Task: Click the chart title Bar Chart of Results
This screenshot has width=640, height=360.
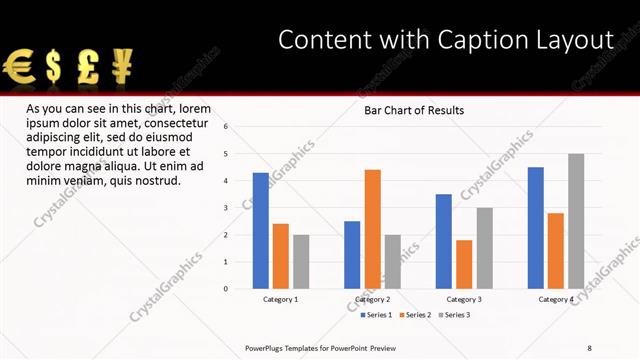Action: [x=413, y=110]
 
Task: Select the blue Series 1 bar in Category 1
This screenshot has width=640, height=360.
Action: [x=261, y=231]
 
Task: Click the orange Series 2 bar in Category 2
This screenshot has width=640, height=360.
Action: [x=373, y=229]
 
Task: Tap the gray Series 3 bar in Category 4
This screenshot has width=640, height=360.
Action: [x=576, y=221]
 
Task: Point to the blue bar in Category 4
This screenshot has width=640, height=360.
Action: [x=536, y=228]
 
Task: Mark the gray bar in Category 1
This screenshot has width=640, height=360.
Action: [x=301, y=262]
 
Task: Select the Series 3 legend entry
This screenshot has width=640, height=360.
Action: [x=453, y=315]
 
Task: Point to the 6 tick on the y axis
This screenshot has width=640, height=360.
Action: [x=227, y=127]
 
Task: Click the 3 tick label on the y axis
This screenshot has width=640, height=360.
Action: [x=227, y=208]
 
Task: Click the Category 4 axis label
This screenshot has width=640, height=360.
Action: [x=556, y=299]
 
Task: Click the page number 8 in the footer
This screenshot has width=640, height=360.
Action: [x=590, y=347]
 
